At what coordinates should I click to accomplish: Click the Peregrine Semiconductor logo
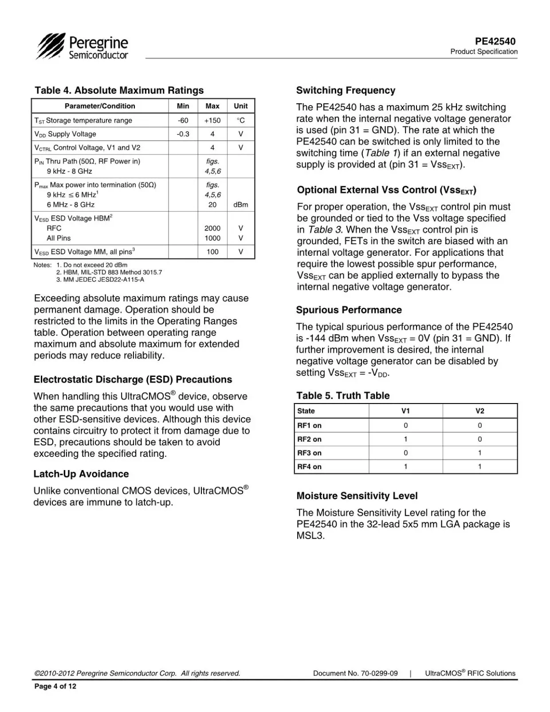[x=82, y=47]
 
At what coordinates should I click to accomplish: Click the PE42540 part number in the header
[x=495, y=41]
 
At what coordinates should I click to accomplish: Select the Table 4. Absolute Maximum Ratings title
[x=119, y=91]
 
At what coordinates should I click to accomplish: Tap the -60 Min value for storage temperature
[x=183, y=120]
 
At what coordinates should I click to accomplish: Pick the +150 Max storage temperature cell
[x=212, y=120]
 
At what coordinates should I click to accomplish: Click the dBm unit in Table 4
[x=241, y=205]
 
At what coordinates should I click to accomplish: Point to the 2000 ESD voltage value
[x=212, y=228]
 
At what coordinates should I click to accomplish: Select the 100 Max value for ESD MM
[x=212, y=252]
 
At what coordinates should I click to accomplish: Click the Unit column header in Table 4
[x=241, y=106]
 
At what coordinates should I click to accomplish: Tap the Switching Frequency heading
[x=346, y=91]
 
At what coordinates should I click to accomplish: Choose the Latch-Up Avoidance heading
[x=81, y=474]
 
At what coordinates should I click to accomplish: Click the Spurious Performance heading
[x=349, y=310]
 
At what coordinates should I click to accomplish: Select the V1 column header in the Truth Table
[x=405, y=411]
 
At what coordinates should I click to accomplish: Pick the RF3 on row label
[x=310, y=453]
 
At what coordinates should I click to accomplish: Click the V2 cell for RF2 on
[x=479, y=439]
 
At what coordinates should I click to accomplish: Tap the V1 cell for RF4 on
[x=405, y=467]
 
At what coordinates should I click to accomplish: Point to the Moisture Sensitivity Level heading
[x=357, y=496]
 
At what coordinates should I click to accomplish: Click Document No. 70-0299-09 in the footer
[x=355, y=673]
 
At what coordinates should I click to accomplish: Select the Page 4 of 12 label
[x=55, y=686]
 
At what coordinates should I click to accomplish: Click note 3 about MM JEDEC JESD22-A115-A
[x=100, y=280]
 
